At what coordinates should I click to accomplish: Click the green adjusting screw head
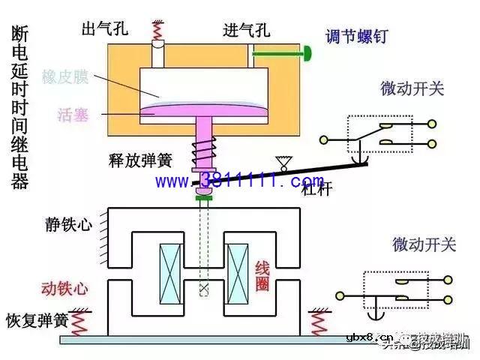(307, 52)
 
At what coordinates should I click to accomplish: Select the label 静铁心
(71, 224)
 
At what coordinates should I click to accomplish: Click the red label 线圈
(262, 275)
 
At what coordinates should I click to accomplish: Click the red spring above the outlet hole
(157, 31)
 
